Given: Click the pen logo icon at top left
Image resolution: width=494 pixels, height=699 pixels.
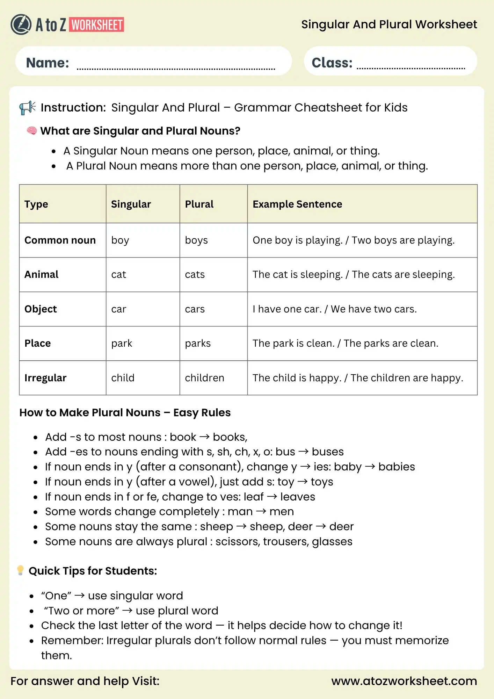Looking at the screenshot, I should coord(21,24).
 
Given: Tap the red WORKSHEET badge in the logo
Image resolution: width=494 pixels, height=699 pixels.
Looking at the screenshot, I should coord(97,25).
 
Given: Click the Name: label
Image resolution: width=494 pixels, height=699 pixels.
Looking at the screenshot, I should coord(48,63).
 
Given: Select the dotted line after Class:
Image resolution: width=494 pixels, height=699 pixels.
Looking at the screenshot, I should coord(411,68).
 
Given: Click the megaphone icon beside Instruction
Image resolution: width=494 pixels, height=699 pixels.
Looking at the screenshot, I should coord(27,108).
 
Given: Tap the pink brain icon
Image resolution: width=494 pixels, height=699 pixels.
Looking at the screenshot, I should coord(32,131).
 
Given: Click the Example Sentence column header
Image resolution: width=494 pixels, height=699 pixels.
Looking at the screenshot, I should coord(297,204).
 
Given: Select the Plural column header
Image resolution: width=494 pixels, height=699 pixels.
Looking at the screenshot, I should coord(199,204).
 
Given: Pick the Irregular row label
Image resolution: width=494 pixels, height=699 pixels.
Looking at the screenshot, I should coord(45,378).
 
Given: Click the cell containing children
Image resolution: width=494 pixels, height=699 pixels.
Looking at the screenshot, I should coord(204,378).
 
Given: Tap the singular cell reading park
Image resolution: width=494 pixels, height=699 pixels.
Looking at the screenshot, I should coord(122,343).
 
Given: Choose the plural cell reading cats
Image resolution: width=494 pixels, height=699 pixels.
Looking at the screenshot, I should coord(195,274).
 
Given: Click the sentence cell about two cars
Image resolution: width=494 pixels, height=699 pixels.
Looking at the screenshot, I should coord(334,309).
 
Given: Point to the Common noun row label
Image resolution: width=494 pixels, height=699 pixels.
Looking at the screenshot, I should coord(60,240).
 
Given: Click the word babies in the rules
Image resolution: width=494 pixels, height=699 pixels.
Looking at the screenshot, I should coord(397,467).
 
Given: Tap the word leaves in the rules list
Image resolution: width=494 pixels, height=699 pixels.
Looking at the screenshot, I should coord(298,497).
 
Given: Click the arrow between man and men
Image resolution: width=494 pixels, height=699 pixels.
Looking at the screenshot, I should coord(261,511).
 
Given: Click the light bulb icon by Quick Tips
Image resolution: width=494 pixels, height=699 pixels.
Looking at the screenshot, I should coord(20,570).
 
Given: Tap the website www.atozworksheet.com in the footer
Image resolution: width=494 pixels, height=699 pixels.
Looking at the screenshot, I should coord(404,681).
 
